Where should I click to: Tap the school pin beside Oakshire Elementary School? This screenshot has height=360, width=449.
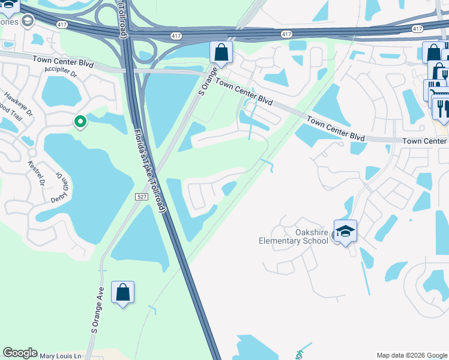(x=345, y=231)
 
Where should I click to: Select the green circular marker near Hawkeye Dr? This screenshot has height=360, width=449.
(x=80, y=122)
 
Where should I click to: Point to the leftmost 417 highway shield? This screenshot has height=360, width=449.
(x=62, y=25)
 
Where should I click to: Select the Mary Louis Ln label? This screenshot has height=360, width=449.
(x=60, y=356)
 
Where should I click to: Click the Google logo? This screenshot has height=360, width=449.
(x=20, y=353)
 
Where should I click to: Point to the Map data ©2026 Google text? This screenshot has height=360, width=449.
(x=411, y=355)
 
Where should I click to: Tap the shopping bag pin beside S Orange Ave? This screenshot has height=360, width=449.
(x=122, y=293)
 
